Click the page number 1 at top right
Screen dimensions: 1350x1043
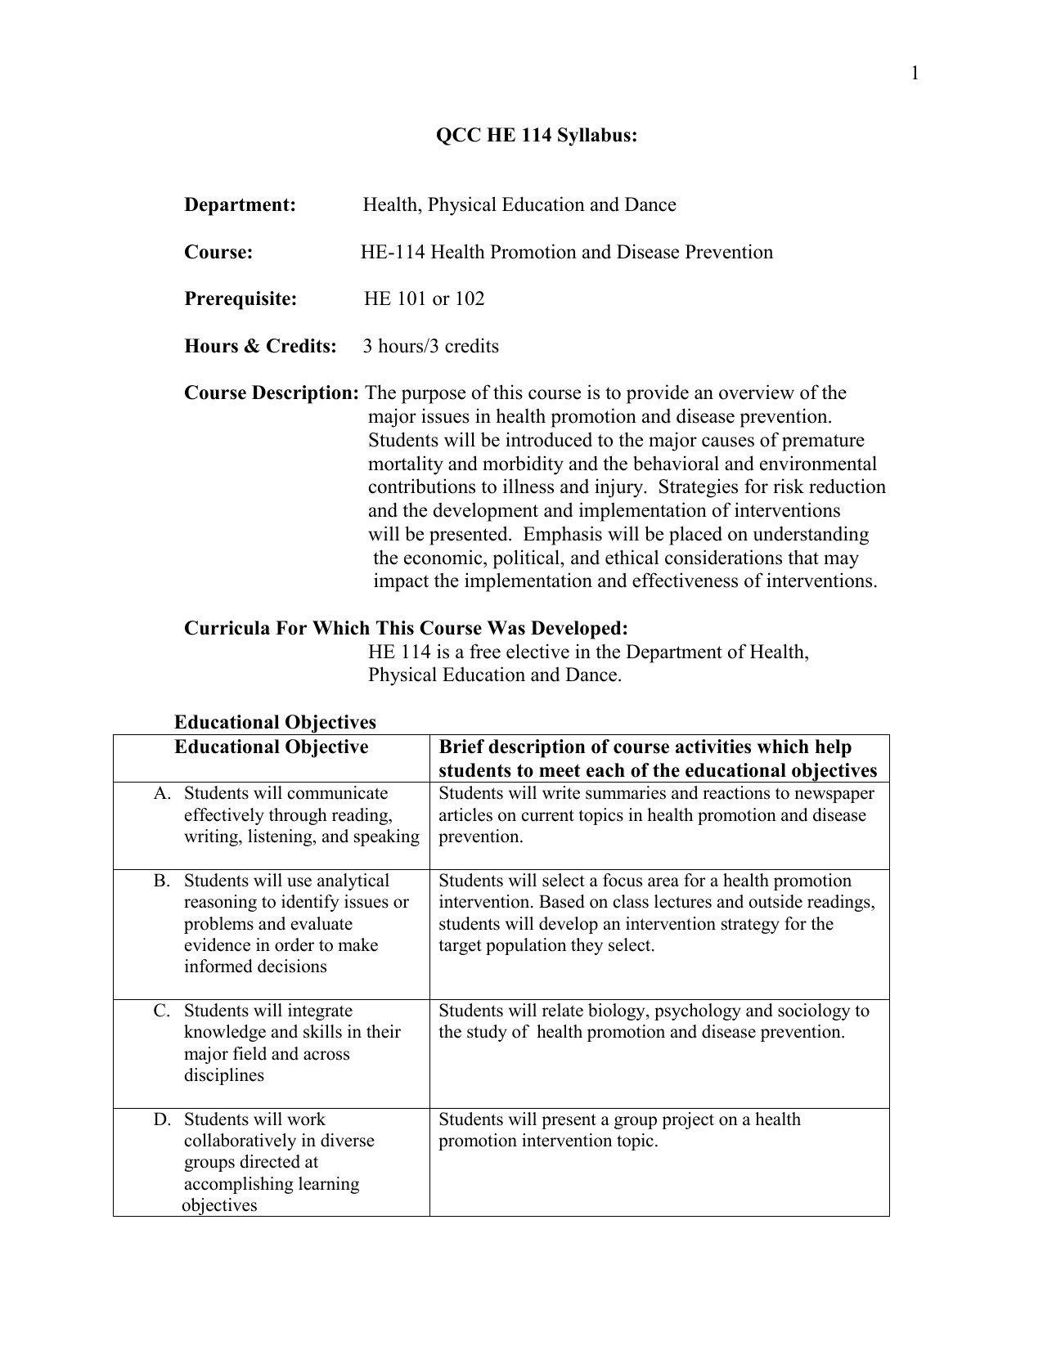coord(915,74)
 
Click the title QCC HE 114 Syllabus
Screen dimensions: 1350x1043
coord(536,136)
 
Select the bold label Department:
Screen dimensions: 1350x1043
coord(240,205)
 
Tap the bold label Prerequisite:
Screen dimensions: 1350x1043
coord(241,299)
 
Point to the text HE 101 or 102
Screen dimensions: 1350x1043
coord(424,299)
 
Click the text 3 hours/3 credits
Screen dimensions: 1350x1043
coord(430,347)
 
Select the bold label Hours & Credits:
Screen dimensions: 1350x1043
coord(260,347)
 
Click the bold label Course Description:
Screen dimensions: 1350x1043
coord(271,393)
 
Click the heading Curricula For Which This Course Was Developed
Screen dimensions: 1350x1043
coord(406,629)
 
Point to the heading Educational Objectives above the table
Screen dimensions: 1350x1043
coord(275,723)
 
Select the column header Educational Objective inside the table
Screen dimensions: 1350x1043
coord(271,747)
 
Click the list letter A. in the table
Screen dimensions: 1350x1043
coord(162,794)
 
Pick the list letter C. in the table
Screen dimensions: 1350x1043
coord(162,1011)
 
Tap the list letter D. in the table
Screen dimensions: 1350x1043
coord(162,1120)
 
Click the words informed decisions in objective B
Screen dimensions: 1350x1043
coord(255,967)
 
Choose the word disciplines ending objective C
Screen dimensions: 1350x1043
coord(224,1076)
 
